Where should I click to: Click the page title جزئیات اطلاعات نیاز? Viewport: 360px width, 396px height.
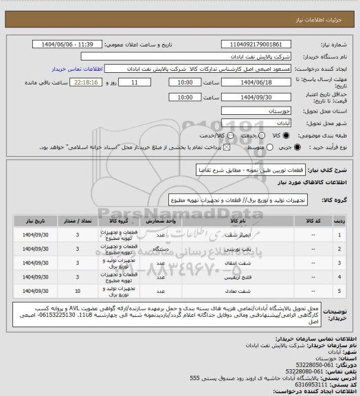pos(322,7)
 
